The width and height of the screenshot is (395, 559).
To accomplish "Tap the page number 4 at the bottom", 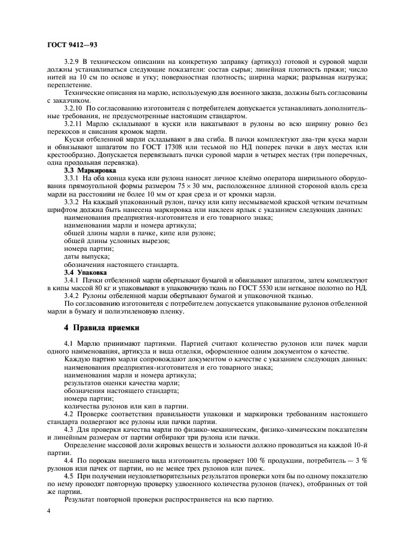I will (49, 511).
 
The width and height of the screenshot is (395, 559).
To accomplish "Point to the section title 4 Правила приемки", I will (102, 327).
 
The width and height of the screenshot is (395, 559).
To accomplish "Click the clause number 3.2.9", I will (72, 62).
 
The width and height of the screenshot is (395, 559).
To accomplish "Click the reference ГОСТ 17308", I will (200, 147).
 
